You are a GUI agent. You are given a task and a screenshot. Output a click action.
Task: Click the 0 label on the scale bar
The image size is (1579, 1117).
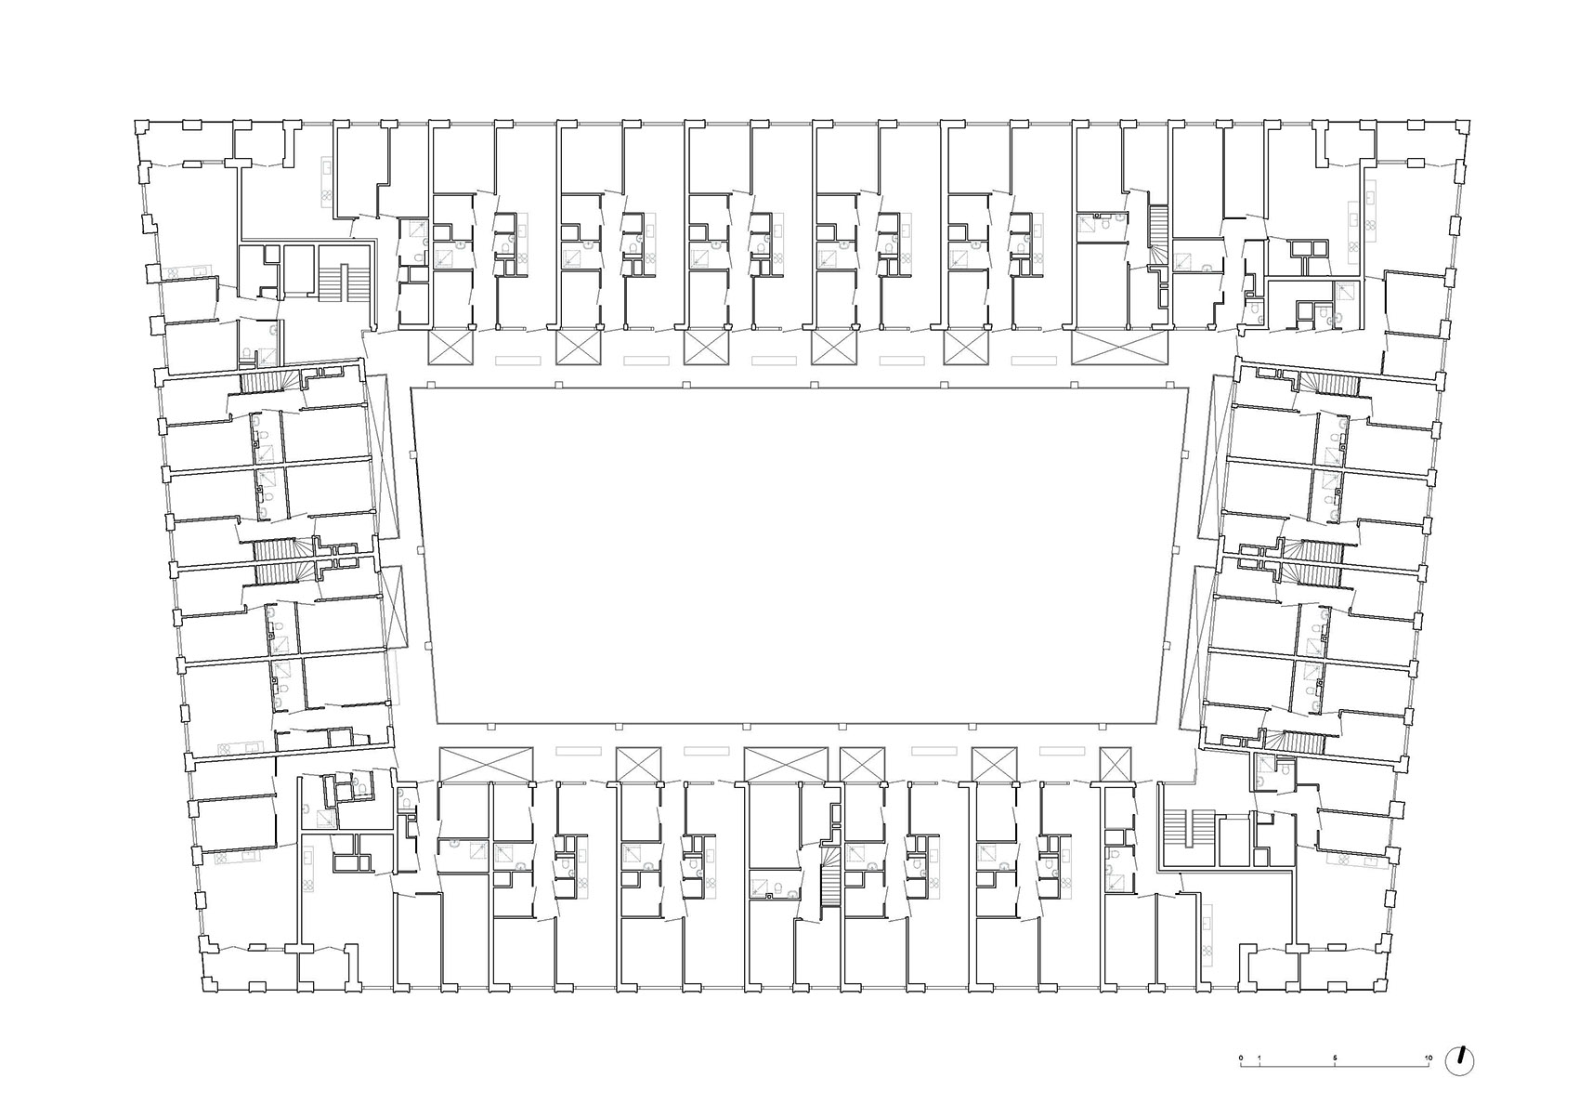1240,1058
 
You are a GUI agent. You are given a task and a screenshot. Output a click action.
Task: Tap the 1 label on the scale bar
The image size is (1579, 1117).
1259,1058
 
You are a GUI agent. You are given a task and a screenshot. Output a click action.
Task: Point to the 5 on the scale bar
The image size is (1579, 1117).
1335,1058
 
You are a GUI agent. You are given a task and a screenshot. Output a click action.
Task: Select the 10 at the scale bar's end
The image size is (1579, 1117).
1429,1058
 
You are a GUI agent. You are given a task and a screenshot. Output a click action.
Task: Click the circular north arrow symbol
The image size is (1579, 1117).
1460,1061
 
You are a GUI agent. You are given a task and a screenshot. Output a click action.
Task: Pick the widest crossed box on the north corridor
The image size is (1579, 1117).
1118,349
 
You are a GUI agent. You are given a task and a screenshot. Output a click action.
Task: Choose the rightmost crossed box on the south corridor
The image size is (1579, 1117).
1116,764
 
